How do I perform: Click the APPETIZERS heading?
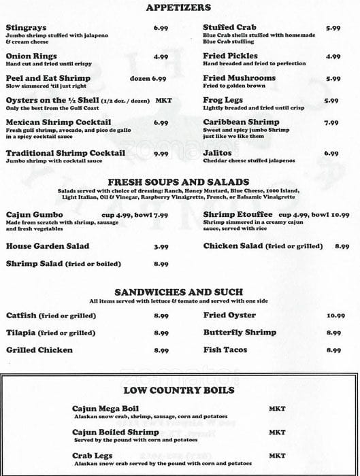(179, 7)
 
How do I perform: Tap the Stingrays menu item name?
(25, 28)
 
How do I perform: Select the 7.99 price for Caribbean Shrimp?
(331, 123)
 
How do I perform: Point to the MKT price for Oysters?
(163, 101)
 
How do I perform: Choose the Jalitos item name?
(218, 153)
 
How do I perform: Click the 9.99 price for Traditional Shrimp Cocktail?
(161, 154)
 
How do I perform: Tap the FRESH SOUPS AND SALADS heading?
(179, 182)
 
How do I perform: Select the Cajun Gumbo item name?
(31, 215)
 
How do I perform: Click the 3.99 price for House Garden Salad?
(161, 247)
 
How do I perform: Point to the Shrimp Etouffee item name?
(236, 215)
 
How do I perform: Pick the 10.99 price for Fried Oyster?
(336, 316)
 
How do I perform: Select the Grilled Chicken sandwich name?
(39, 350)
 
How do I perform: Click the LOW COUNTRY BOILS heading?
(179, 390)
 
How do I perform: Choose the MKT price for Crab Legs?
(277, 455)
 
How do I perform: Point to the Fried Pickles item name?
(230, 56)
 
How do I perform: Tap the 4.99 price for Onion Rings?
(161, 56)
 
